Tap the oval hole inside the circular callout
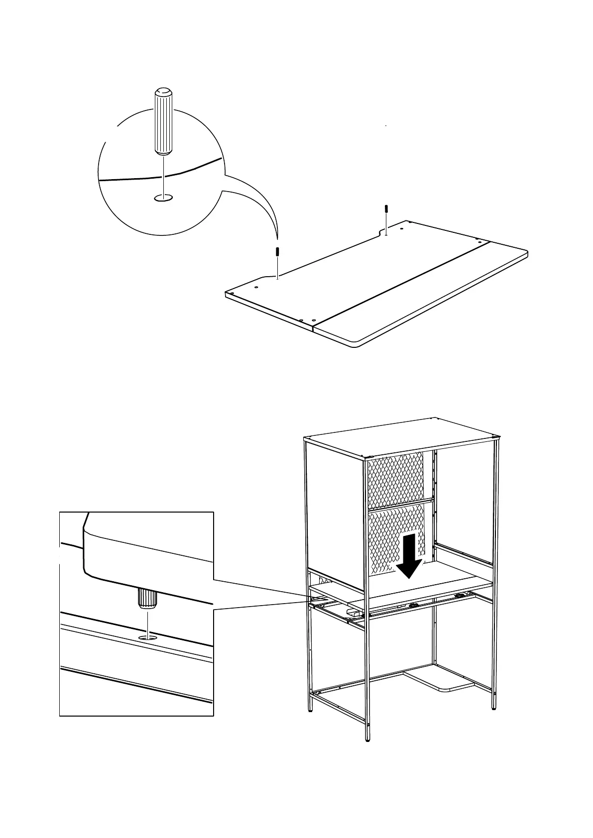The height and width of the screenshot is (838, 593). pos(163,198)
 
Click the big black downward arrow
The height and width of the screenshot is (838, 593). pos(408,556)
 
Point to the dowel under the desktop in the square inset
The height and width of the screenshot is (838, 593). pos(148,599)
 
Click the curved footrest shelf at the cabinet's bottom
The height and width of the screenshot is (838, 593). pos(441,680)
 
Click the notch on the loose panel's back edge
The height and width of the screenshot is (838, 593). pos(384,231)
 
